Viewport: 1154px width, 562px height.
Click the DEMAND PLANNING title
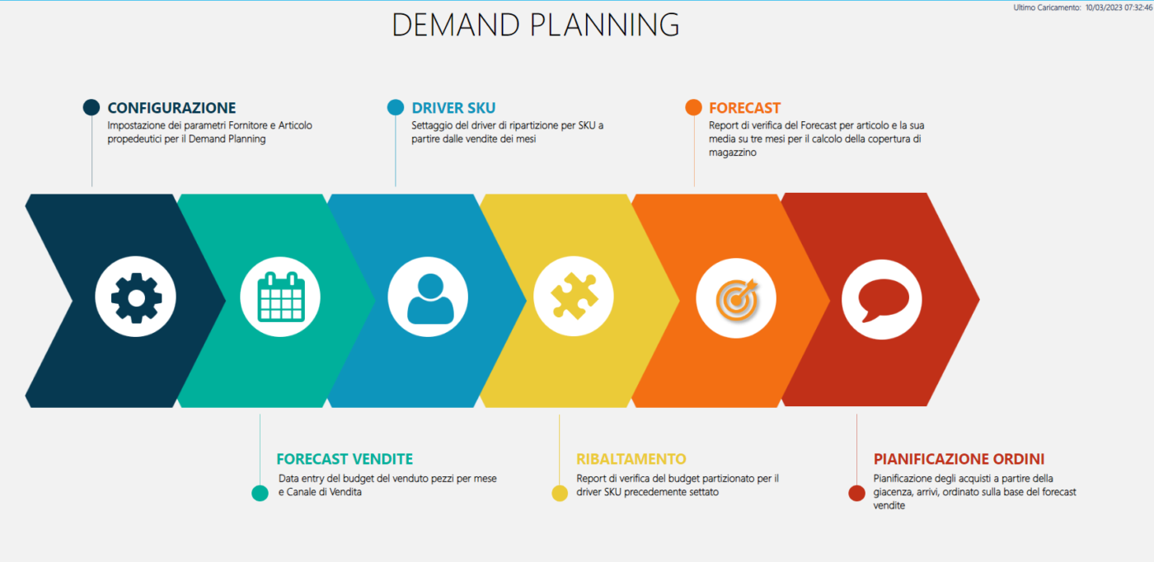536,24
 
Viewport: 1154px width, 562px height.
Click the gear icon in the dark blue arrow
136,297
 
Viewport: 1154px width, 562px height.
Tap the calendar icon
281,297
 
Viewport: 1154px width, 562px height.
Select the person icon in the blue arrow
430,299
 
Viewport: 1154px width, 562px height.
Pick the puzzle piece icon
574,296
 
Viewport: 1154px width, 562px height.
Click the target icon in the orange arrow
737,299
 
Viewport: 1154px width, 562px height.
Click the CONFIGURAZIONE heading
171,108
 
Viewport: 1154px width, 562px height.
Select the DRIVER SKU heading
453,108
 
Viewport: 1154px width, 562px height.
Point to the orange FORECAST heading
744,108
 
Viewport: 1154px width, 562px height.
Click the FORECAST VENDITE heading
345,458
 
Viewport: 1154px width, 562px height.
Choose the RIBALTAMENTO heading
631,458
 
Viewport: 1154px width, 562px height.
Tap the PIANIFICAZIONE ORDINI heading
959,458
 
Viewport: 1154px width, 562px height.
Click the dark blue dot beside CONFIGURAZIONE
91,107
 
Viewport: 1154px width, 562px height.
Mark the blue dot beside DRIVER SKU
396,107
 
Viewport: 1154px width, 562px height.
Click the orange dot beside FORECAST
693,107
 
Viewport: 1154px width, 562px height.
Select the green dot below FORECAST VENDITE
260,493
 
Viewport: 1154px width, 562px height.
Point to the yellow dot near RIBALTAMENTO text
560,493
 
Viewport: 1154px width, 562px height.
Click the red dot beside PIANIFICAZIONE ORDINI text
856,493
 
